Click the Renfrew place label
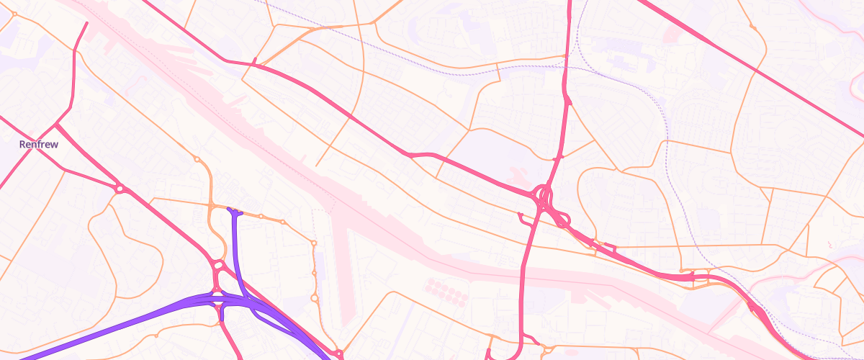point(38,144)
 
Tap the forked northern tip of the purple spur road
point(233,210)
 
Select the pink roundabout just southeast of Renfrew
point(120,189)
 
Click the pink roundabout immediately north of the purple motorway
point(217,266)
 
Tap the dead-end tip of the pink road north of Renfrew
point(86,23)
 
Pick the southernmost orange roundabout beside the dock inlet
point(314,297)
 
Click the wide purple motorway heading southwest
point(108,328)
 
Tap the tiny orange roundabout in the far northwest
point(14,14)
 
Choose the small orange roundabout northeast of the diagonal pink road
point(753,27)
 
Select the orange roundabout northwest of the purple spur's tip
point(197,159)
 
